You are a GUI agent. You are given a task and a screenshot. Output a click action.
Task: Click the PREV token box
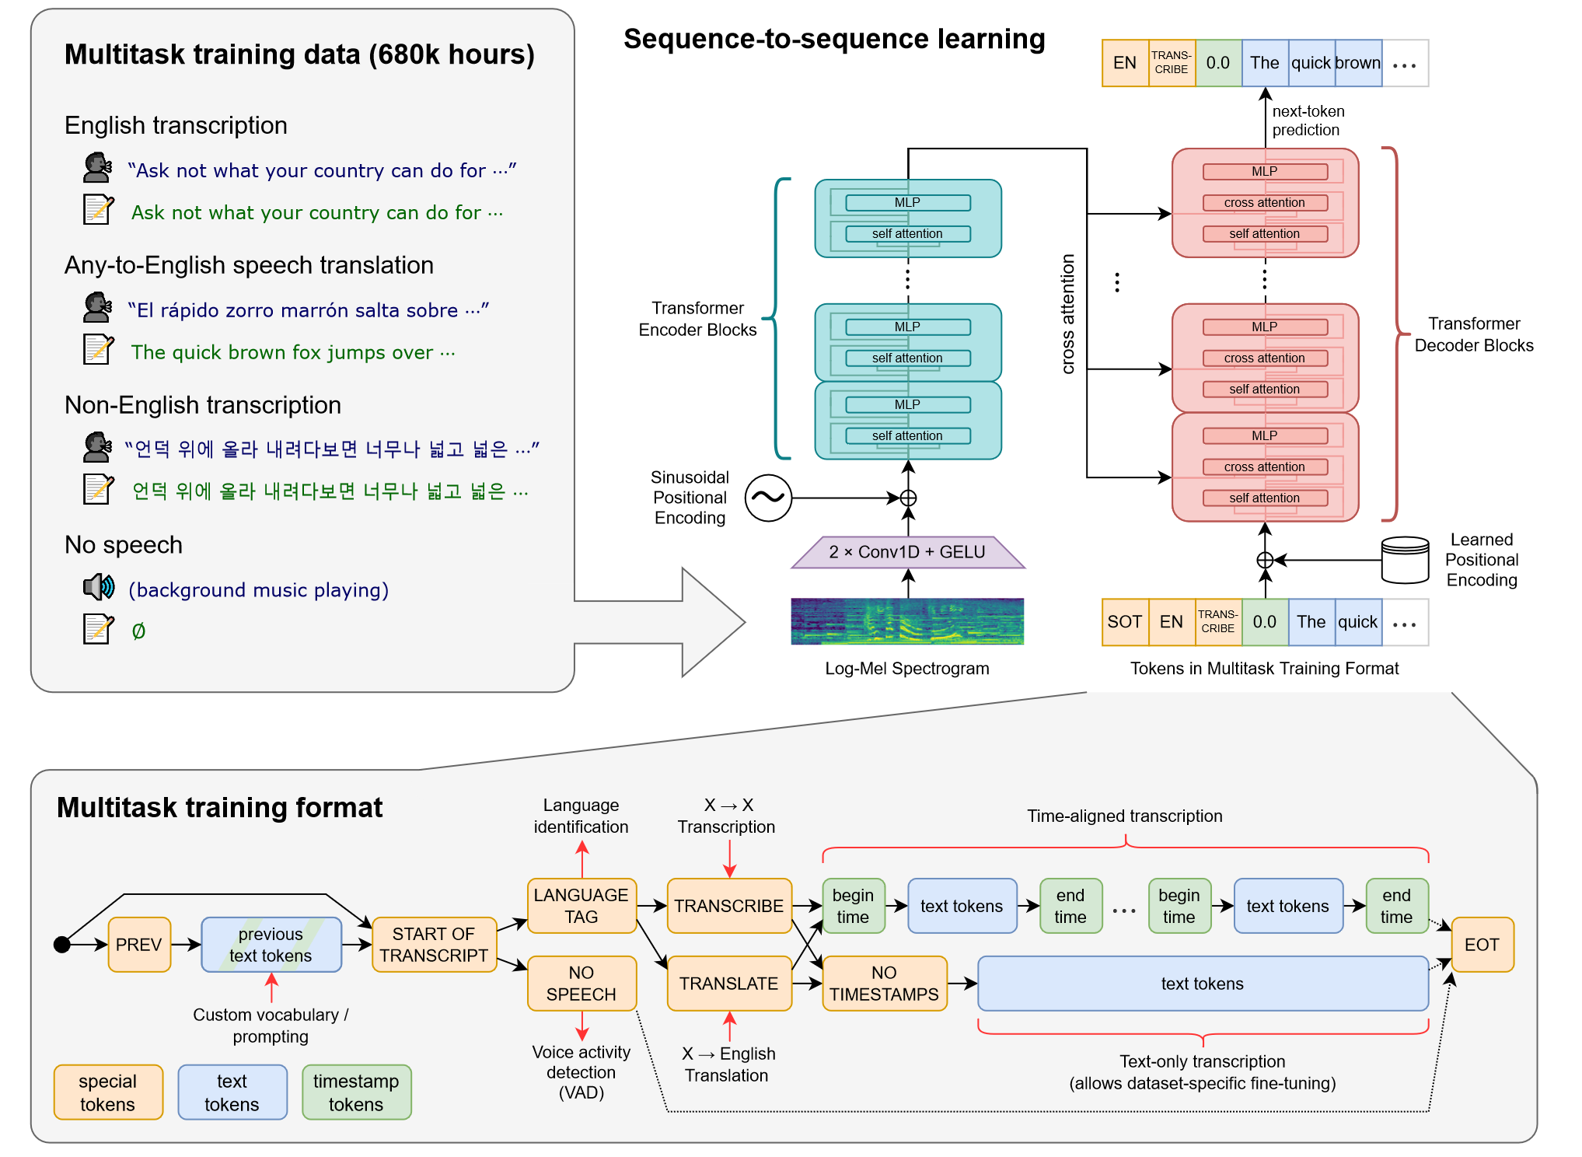pyautogui.click(x=139, y=945)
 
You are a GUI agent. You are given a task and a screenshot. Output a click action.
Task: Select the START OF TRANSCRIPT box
pyautogui.click(x=434, y=945)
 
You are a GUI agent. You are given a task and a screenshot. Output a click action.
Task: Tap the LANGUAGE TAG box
pyautogui.click(x=581, y=906)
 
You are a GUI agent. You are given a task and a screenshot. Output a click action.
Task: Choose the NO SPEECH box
pyautogui.click(x=581, y=984)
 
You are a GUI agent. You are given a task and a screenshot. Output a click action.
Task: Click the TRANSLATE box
pyautogui.click(x=728, y=984)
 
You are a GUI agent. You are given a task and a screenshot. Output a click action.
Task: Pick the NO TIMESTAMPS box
pyautogui.click(x=884, y=984)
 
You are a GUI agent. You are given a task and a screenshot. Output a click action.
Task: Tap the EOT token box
pyautogui.click(x=1482, y=945)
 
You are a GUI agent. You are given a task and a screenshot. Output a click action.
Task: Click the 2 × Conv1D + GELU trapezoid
pyautogui.click(x=907, y=552)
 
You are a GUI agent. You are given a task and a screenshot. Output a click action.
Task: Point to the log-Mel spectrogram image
pyautogui.click(x=907, y=621)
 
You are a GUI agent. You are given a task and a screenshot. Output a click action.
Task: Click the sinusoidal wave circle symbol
pyautogui.click(x=768, y=498)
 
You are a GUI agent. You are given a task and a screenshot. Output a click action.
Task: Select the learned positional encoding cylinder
pyautogui.click(x=1405, y=560)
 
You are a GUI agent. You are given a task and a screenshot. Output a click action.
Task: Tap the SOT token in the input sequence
pyautogui.click(x=1125, y=622)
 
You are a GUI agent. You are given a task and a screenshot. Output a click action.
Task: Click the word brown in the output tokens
pyautogui.click(x=1358, y=63)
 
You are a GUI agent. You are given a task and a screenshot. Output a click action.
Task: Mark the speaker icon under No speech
pyautogui.click(x=99, y=587)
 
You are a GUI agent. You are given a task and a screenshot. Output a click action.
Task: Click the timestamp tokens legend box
pyautogui.click(x=356, y=1092)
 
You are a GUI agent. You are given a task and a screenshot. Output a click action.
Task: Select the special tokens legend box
pyautogui.click(x=108, y=1092)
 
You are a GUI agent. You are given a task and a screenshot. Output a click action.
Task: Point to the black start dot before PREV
pyautogui.click(x=62, y=945)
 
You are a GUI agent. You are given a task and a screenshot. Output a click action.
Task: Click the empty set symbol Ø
pyautogui.click(x=138, y=631)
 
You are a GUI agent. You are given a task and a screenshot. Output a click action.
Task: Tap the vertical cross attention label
pyautogui.click(x=1068, y=314)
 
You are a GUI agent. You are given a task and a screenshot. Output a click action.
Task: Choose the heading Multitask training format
pyautogui.click(x=219, y=808)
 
